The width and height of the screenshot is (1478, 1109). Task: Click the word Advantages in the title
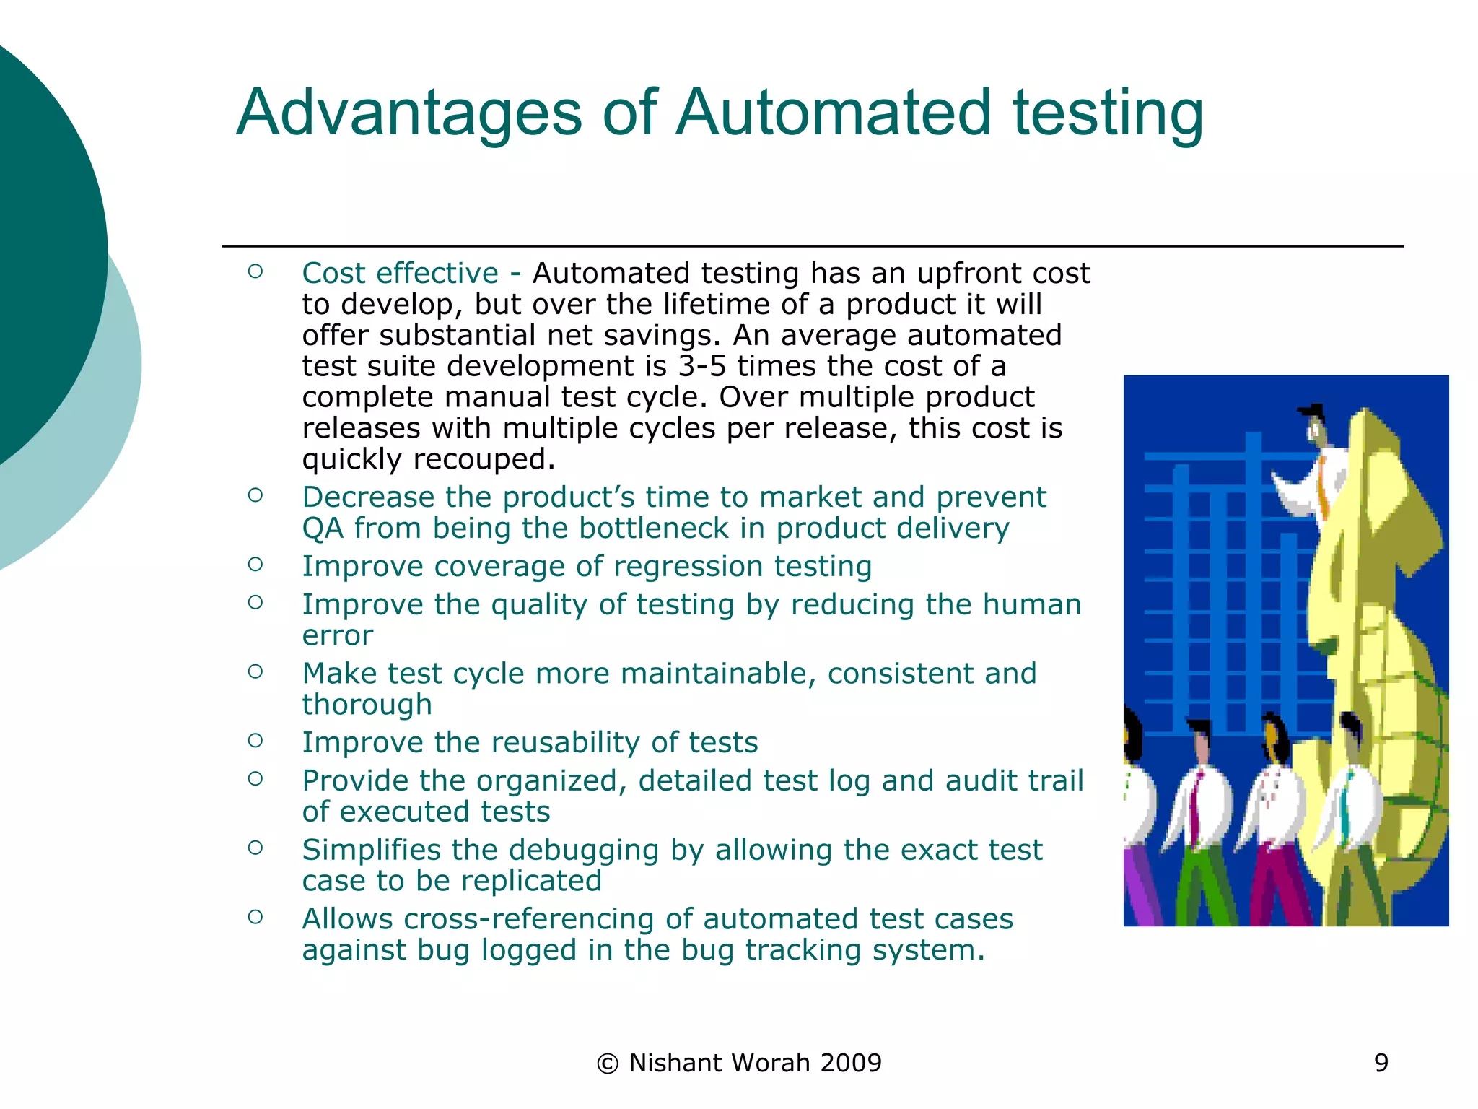[x=408, y=113]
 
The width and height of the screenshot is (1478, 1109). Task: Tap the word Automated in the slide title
[x=834, y=113]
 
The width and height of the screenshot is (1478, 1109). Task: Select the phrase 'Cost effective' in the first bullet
[x=400, y=274]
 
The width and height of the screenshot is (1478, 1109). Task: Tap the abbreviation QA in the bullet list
[x=323, y=529]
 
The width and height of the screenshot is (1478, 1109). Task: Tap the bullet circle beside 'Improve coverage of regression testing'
[x=255, y=565]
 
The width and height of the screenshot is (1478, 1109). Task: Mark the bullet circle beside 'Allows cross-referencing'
[x=255, y=917]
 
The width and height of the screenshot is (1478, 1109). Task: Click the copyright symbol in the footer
[x=608, y=1064]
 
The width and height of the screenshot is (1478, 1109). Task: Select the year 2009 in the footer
[x=851, y=1063]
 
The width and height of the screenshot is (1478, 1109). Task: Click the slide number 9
[x=1381, y=1063]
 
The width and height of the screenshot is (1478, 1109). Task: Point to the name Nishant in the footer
[x=675, y=1063]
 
